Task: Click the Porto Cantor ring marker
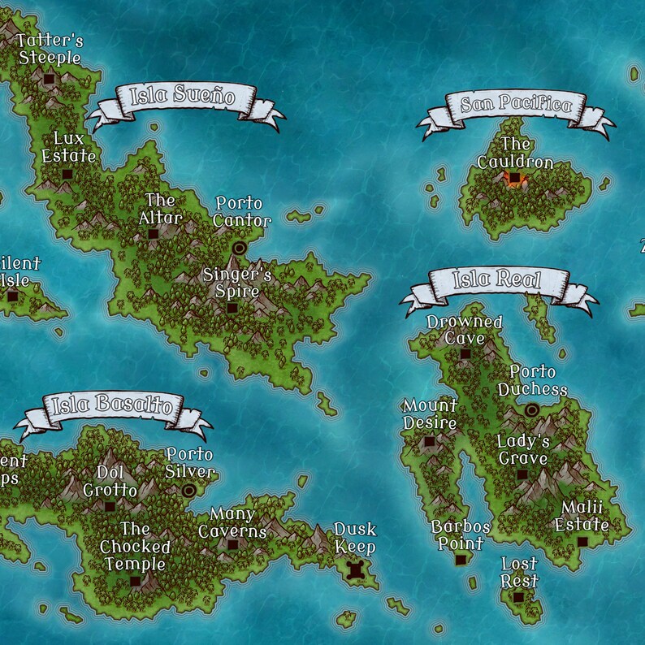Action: (239, 248)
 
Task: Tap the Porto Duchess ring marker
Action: (532, 410)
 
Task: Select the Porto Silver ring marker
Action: (190, 490)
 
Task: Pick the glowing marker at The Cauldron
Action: (513, 177)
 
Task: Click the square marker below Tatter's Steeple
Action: (49, 79)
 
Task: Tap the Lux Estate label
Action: (69, 147)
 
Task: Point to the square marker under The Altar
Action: (153, 234)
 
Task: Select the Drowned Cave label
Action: (465, 331)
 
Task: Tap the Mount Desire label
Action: (430, 414)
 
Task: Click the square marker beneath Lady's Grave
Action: (522, 474)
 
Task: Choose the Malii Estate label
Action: (582, 516)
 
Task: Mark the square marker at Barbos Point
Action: (461, 560)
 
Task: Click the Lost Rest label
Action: (519, 572)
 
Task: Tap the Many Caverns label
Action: (232, 522)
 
